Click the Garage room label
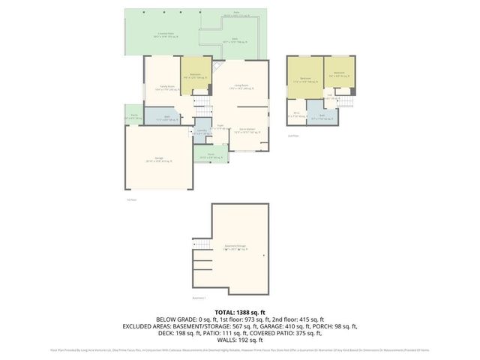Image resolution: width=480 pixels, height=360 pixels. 159,160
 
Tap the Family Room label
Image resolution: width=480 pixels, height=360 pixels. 160,88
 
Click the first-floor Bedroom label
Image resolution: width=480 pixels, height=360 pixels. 195,76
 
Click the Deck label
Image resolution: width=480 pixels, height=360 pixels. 235,43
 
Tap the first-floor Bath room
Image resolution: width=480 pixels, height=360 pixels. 167,118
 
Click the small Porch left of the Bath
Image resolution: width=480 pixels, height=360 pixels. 133,117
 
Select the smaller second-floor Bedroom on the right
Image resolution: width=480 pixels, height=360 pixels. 338,76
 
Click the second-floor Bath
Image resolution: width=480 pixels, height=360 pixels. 322,116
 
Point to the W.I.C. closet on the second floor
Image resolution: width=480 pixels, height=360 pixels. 296,115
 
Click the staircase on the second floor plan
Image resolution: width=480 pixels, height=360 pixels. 344,101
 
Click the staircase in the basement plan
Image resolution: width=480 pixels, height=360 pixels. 199,245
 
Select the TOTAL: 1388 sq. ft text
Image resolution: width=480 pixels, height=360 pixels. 239,311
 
